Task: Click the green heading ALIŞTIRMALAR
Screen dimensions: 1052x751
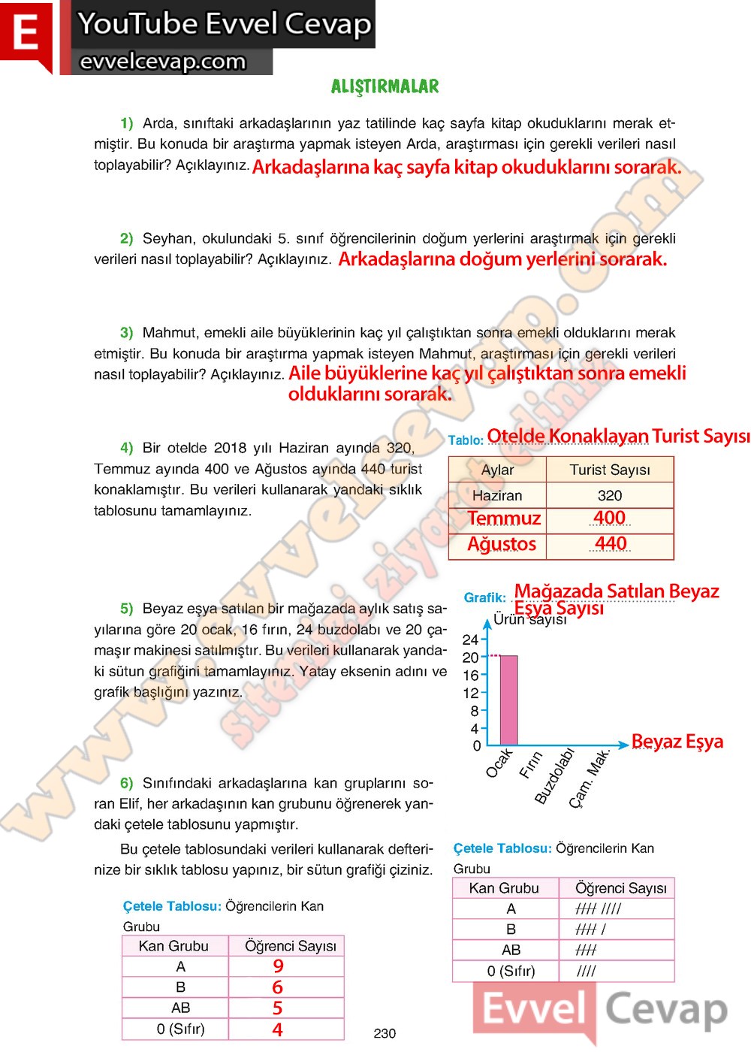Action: (x=385, y=86)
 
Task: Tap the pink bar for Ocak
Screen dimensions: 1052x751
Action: (x=508, y=700)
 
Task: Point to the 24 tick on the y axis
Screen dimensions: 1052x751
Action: (x=471, y=639)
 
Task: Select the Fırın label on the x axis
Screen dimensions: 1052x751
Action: (x=531, y=764)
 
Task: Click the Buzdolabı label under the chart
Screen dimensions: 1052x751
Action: (x=554, y=775)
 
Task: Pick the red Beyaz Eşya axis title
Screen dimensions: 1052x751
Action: (x=677, y=742)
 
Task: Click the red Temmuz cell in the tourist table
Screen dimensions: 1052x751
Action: (x=504, y=518)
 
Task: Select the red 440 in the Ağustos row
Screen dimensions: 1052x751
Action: (x=611, y=543)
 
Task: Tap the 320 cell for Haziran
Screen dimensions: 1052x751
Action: (x=610, y=495)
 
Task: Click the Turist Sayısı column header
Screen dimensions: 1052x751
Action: (x=610, y=470)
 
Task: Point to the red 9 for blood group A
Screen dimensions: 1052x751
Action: (x=279, y=966)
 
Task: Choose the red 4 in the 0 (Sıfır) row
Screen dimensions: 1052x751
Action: (x=278, y=1029)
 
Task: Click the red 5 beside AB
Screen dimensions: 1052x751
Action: (x=278, y=1008)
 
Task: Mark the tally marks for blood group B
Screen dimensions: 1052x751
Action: (x=591, y=930)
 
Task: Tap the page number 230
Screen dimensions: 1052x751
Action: (x=385, y=1033)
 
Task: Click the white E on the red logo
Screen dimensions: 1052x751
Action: (x=26, y=34)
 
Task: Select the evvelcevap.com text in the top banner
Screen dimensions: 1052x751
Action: (x=163, y=62)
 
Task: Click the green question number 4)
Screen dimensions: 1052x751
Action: (x=126, y=448)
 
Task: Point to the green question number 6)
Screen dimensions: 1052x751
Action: (x=126, y=783)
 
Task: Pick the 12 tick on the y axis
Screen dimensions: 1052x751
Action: (x=471, y=693)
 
